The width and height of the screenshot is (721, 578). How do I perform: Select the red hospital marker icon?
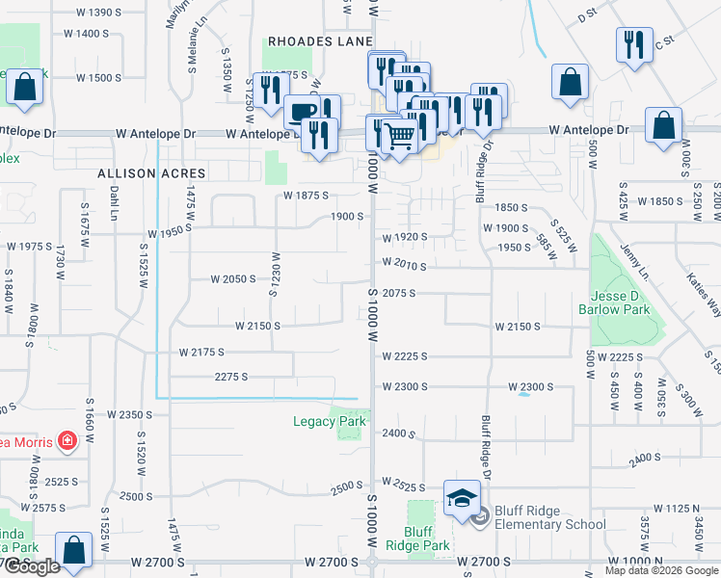67,441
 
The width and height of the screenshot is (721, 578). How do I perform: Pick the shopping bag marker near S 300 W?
663,126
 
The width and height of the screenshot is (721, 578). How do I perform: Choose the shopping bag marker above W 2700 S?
73,550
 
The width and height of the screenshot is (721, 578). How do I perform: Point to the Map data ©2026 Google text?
660,570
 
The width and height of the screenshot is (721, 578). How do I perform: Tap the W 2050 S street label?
234,278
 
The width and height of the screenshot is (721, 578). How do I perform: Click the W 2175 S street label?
201,353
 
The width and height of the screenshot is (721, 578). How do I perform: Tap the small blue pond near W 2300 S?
523,393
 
